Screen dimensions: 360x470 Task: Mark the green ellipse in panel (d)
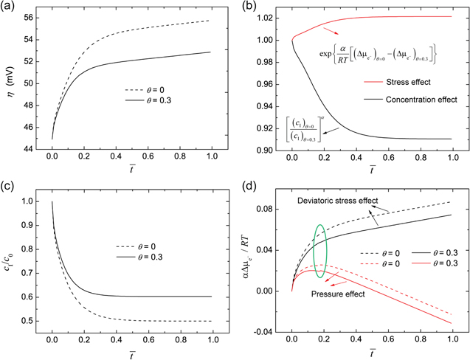pyautogui.click(x=319, y=251)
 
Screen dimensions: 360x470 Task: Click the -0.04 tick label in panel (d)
pyautogui.click(x=269, y=331)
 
